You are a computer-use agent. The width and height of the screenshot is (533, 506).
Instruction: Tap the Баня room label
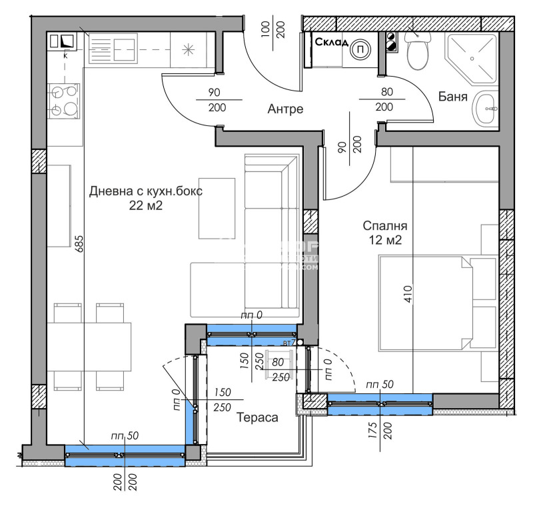click(452, 97)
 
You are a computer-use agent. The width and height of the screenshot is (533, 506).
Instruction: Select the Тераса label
click(257, 417)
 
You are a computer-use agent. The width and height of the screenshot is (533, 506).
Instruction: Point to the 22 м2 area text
click(146, 206)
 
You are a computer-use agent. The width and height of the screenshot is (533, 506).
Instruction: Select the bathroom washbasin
click(486, 109)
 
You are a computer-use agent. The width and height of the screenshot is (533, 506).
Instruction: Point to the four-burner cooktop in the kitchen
click(63, 101)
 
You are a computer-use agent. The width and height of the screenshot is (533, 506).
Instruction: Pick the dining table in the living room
click(89, 346)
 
